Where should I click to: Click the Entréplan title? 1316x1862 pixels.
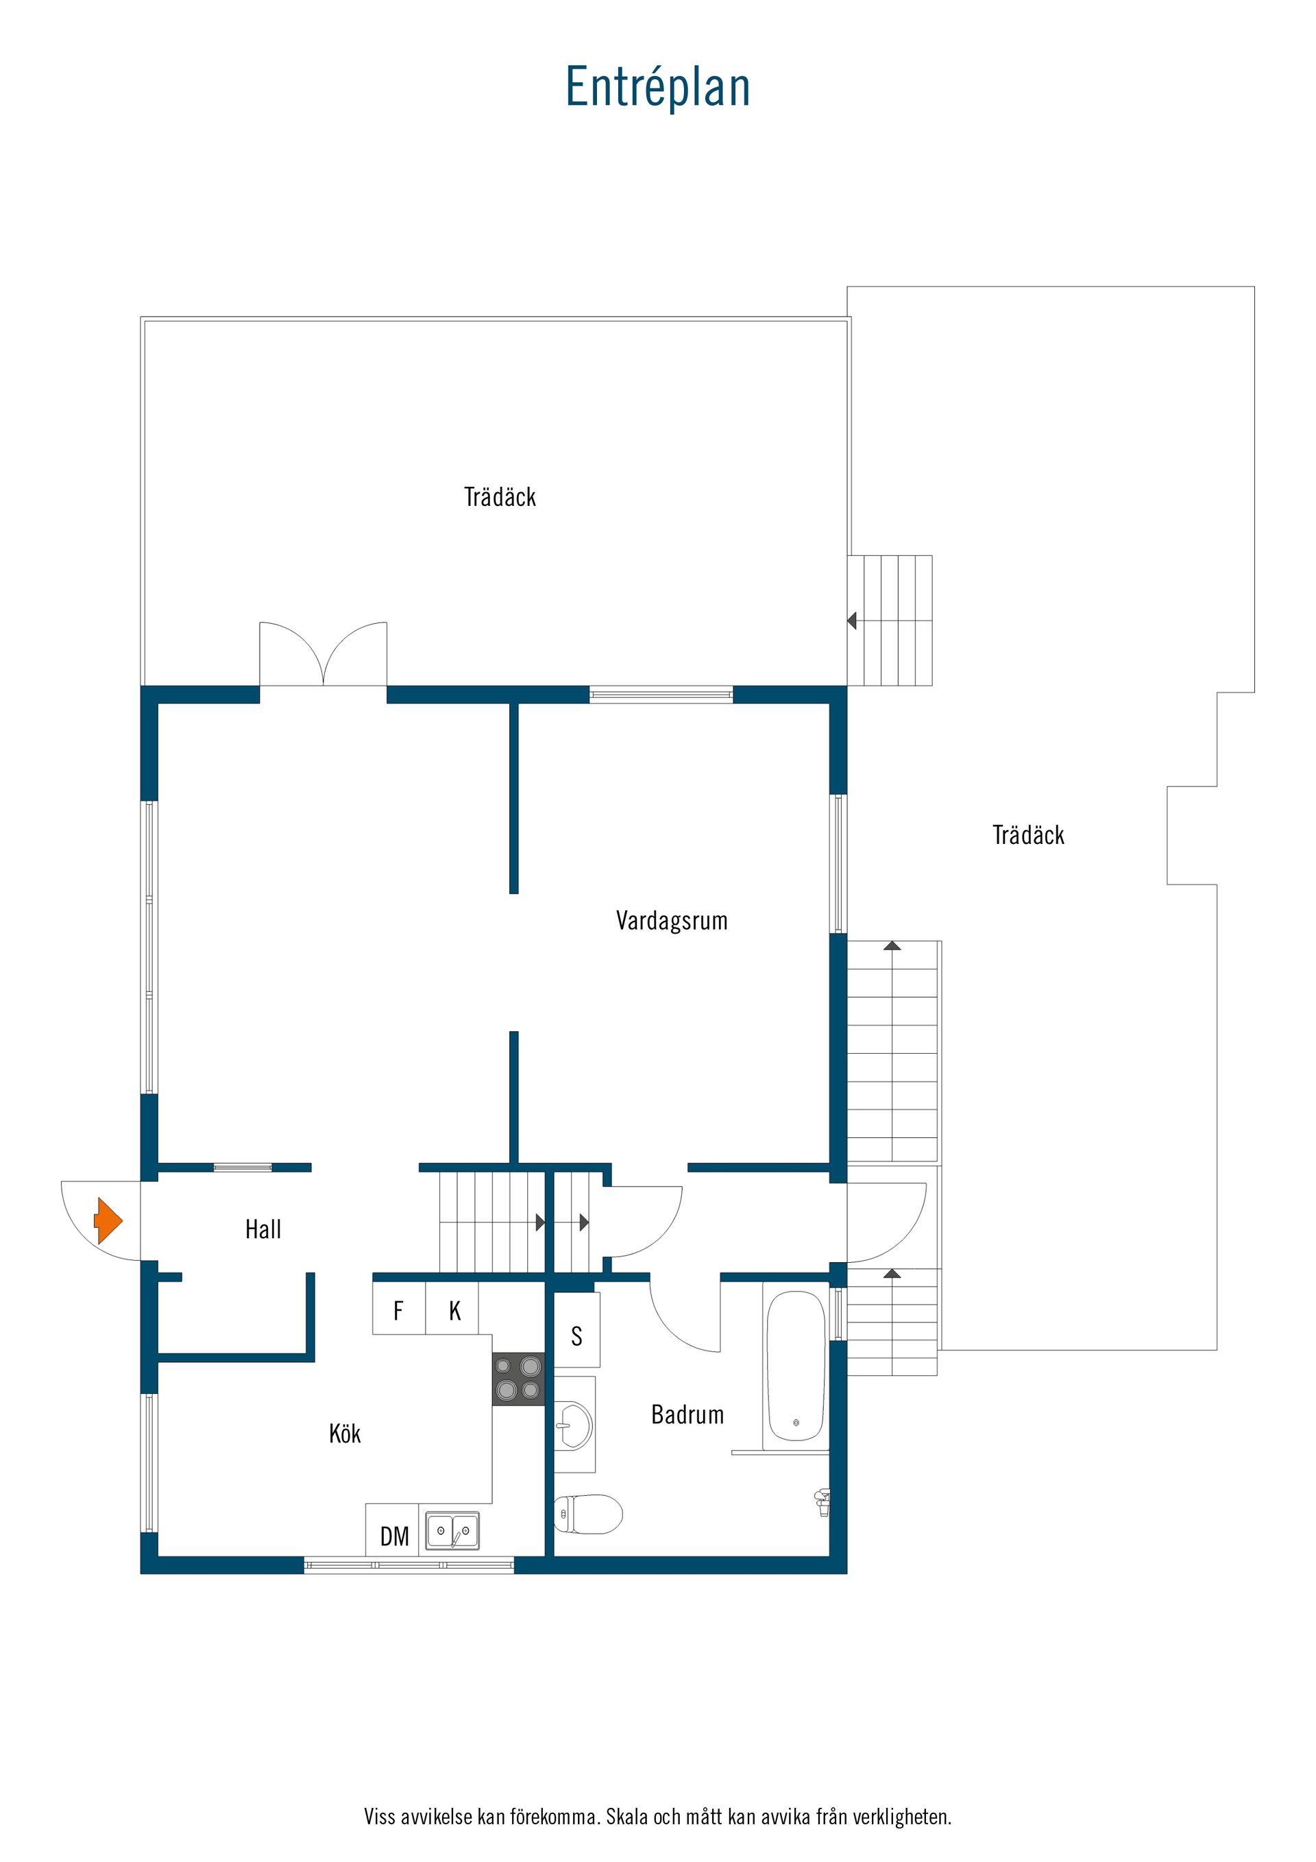[657, 87]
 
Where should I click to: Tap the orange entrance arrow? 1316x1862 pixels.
[108, 1220]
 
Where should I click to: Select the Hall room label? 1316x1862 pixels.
[263, 1229]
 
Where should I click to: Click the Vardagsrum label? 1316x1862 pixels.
[672, 921]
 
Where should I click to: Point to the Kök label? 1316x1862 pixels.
[345, 1433]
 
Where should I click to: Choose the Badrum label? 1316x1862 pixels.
[687, 1414]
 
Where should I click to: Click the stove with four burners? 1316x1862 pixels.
[518, 1379]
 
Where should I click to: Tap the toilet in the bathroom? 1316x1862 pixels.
[588, 1514]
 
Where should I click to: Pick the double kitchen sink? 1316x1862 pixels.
[452, 1531]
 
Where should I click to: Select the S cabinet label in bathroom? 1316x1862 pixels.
[576, 1335]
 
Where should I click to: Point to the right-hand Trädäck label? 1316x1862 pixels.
[1028, 834]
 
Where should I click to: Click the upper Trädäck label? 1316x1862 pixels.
[500, 496]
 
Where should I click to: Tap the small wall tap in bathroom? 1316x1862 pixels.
[822, 1502]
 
